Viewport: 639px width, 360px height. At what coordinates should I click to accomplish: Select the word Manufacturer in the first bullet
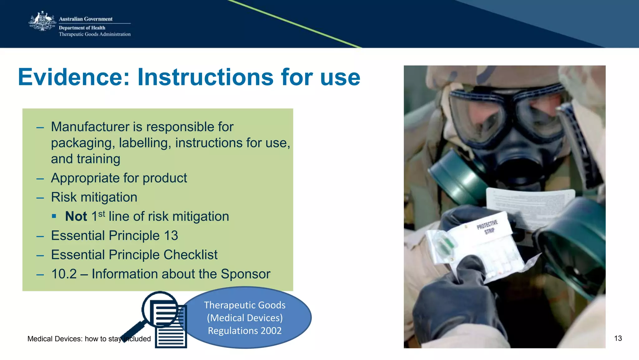(90, 127)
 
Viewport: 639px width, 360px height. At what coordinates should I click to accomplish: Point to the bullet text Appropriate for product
(119, 178)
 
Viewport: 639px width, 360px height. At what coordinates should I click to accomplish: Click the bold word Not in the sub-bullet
(76, 216)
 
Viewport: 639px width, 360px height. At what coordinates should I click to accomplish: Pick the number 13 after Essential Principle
(171, 236)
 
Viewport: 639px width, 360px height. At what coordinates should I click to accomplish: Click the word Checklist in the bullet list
(190, 255)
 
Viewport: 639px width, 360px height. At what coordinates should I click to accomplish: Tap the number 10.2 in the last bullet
(64, 274)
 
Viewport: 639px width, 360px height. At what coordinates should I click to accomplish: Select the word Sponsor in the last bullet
(245, 274)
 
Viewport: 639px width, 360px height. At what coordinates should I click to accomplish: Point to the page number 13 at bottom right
(618, 338)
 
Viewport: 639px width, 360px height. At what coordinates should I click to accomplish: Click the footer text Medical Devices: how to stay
(75, 339)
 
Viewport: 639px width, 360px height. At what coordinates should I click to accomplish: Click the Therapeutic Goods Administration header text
(95, 34)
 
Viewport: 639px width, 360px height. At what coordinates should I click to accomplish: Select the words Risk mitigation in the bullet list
(94, 197)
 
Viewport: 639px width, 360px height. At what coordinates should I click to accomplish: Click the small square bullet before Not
(54, 216)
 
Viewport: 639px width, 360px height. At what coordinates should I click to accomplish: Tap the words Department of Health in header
(82, 28)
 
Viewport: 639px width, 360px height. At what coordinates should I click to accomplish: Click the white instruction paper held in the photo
(530, 203)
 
